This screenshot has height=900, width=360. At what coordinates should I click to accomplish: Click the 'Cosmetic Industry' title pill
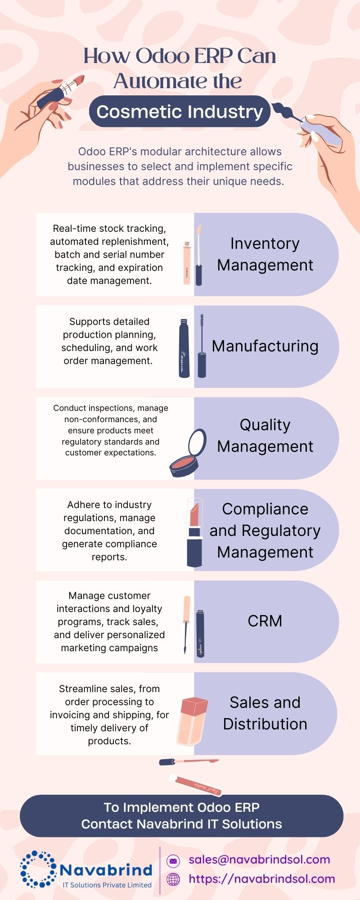[x=180, y=112]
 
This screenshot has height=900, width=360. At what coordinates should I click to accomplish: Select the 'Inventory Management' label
[x=265, y=254]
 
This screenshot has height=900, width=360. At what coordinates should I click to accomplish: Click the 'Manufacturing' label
[x=265, y=346]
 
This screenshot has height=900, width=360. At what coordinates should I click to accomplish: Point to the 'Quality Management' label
[x=265, y=436]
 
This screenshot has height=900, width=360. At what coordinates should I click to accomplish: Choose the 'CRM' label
[x=265, y=621]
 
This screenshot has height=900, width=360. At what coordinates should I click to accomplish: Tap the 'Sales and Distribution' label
[x=265, y=713]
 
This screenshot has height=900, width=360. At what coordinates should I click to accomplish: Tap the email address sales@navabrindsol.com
[x=259, y=859]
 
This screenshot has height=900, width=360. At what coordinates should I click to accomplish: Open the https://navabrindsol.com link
[x=262, y=879]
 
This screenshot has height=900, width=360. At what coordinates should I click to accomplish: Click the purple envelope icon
[x=173, y=860]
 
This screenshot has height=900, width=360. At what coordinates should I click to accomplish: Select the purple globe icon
[x=173, y=879]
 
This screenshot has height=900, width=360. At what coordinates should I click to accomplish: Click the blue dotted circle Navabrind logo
[x=38, y=869]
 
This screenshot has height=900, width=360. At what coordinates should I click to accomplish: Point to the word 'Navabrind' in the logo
[x=106, y=870]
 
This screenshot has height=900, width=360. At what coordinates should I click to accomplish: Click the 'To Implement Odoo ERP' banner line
[x=181, y=808]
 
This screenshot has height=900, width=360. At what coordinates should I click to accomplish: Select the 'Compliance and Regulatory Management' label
[x=265, y=531]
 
